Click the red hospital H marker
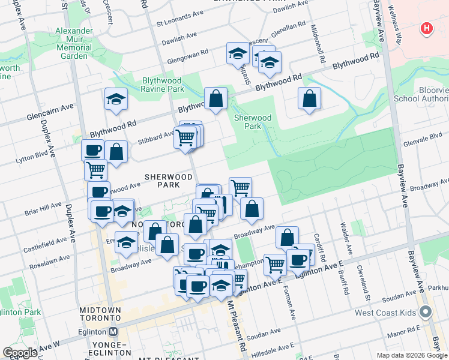tap(426, 28)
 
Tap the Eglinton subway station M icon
tap(113, 331)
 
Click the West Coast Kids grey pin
tap(426, 312)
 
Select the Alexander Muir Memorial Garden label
tap(74, 43)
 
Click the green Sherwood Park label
tap(253, 122)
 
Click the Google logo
tap(20, 353)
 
